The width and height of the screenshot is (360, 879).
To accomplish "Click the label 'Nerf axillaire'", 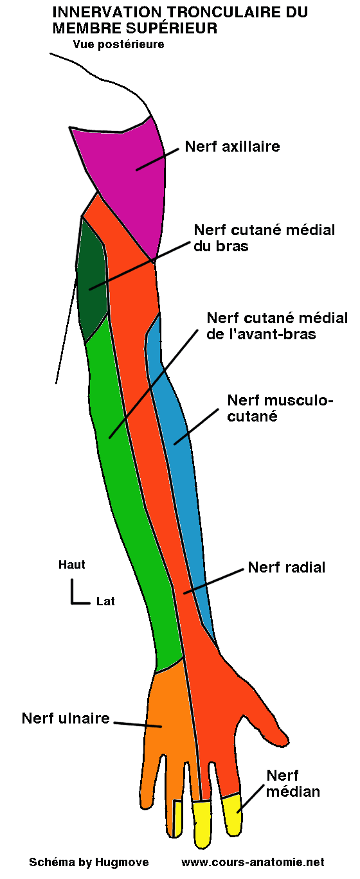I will click(232, 146).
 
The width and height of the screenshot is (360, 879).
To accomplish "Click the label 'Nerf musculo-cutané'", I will click(280, 408).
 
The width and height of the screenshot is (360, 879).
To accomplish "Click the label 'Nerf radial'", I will click(287, 567).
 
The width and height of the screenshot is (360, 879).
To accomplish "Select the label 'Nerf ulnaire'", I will click(66, 718).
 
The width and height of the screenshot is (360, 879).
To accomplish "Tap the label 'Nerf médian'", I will click(293, 783).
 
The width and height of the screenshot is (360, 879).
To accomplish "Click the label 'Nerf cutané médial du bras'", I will click(264, 237).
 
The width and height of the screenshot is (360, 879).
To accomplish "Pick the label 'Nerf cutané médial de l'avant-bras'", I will click(277, 326).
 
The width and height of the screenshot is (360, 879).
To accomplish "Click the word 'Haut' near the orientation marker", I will click(72, 565).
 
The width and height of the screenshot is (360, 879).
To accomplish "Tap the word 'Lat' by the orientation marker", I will click(105, 601).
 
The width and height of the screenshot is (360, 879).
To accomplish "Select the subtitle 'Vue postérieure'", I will click(119, 44).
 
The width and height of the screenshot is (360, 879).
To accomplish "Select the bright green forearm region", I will click(129, 488).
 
